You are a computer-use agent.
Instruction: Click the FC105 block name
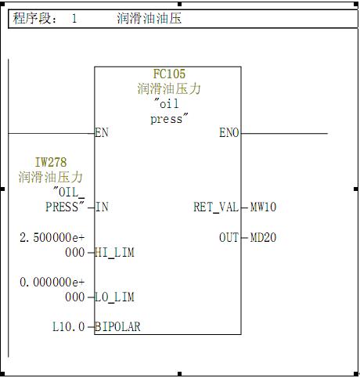169,74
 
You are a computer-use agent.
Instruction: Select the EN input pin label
102,132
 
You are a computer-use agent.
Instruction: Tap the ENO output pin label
229,132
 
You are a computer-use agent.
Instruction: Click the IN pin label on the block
102,207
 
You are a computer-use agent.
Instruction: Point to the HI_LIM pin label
114,253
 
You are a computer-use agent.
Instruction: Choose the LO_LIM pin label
114,297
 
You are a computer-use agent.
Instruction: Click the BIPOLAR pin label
117,326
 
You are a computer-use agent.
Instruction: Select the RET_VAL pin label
216,207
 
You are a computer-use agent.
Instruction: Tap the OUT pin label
229,237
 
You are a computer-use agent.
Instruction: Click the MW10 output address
263,207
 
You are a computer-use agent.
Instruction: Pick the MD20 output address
263,237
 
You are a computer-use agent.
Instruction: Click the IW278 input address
51,162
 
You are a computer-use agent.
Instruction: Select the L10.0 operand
69,326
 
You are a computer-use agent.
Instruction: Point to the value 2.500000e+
52,237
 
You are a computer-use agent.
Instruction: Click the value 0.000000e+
52,282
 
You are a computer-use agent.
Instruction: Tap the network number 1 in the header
74,19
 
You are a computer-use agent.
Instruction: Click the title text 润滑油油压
149,19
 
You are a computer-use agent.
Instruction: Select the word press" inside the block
169,119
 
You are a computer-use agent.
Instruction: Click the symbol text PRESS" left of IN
65,207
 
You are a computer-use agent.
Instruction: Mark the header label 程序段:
34,19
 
